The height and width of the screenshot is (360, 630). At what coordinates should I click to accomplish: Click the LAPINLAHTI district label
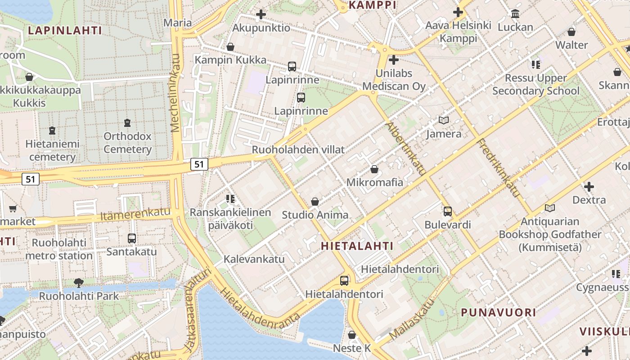(65, 31)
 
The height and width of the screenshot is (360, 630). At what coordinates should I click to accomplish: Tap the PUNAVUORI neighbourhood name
(498, 312)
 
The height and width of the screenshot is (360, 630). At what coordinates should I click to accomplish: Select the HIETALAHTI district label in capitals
(357, 246)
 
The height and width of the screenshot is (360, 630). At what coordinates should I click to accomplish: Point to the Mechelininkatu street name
(176, 93)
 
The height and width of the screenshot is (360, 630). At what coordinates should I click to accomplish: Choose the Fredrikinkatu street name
(499, 168)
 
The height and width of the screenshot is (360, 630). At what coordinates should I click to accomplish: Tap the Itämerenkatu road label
(135, 215)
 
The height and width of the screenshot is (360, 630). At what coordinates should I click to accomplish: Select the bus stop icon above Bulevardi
(447, 211)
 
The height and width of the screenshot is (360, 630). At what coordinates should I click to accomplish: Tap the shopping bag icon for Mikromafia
(374, 169)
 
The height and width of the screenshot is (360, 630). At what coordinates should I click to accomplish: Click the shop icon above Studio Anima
(315, 201)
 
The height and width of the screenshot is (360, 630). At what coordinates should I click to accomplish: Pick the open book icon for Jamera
(444, 120)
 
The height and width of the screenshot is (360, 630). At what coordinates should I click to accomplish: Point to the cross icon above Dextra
(589, 186)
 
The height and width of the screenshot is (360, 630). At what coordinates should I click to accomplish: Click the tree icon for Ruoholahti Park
(79, 283)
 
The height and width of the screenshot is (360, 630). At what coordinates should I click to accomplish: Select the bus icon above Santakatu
(132, 238)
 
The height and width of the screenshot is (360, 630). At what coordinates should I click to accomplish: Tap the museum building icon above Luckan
(515, 13)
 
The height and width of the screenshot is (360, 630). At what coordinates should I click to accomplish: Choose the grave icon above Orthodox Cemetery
(127, 122)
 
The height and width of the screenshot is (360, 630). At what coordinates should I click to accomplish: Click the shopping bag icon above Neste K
(352, 335)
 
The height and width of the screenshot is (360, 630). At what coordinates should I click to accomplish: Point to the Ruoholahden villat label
(298, 149)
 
